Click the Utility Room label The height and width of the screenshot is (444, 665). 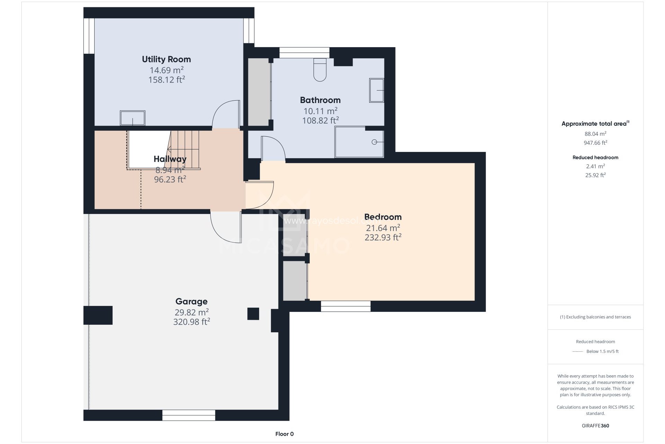click(166, 59)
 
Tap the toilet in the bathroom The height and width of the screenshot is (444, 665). click(320, 70)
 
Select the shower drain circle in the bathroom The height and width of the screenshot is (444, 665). click(374, 142)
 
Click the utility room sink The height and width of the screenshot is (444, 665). click(133, 118)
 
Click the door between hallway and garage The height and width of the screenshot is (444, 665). click(226, 227)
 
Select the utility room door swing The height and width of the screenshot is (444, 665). click(226, 114)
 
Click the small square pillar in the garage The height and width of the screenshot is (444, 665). click(253, 314)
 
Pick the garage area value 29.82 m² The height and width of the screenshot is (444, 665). click(192, 312)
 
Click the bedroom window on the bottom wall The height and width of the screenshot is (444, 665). click(346, 306)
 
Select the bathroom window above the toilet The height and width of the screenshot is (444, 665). click(304, 53)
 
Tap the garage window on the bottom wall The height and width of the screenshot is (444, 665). click(189, 415)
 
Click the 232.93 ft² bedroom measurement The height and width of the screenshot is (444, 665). click(383, 238)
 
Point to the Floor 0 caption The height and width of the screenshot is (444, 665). click(284, 434)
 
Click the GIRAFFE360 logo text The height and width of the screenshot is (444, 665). click(595, 426)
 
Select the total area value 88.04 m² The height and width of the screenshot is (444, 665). click(595, 134)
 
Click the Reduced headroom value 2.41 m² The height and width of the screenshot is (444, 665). click(595, 166)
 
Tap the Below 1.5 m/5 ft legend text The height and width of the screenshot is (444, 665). click(602, 351)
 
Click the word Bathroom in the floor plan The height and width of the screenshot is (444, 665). click(320, 100)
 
